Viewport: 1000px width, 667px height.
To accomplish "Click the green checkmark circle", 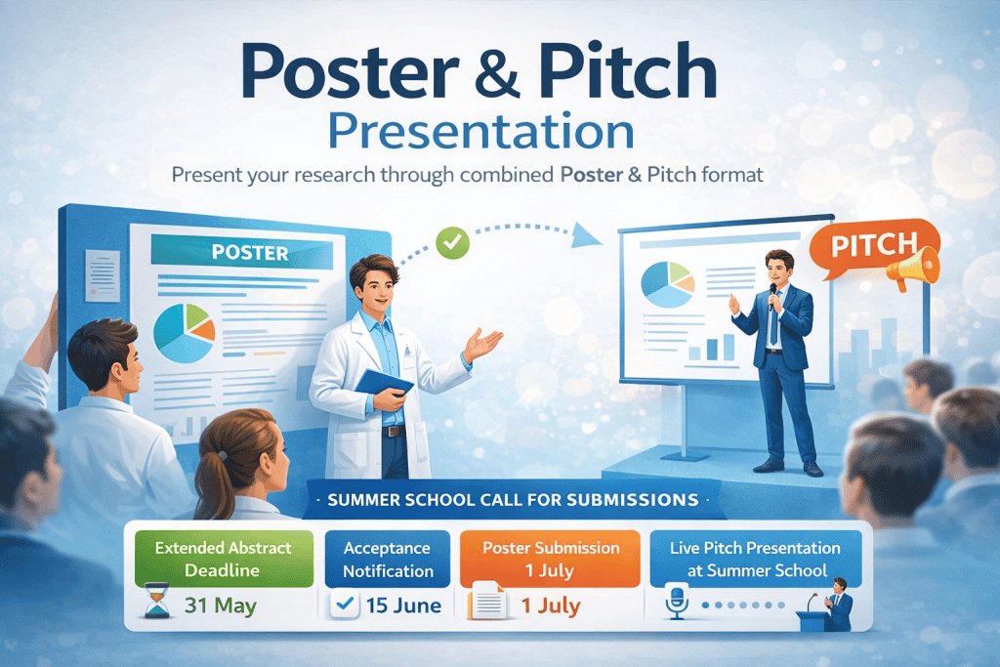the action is coord(453,242).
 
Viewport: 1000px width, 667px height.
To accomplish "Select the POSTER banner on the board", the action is coord(242,252).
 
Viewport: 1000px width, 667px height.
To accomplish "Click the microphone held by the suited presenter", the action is coord(773,295).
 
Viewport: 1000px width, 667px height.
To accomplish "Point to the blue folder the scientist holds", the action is coord(383,385).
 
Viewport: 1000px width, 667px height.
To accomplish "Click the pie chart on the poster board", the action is coord(185,333).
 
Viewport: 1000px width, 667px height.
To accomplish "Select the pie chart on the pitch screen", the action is coord(668,284).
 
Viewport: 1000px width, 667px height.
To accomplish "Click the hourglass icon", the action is coord(157,600).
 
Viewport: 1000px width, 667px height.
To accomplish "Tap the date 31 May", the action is coord(221,604).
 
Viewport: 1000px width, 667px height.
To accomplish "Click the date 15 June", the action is coord(403,605).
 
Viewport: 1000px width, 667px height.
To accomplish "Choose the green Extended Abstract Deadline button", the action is coord(224,559).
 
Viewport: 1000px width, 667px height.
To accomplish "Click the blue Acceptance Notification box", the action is coord(388,559).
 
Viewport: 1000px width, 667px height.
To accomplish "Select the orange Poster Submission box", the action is coord(550,559).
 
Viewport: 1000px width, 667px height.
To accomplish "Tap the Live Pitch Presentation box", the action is coord(756,559).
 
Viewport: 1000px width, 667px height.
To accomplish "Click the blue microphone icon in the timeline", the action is coord(677,601).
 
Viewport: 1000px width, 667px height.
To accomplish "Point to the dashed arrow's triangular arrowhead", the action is coord(586,235).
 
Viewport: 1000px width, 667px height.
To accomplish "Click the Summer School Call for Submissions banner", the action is coord(514,499).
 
